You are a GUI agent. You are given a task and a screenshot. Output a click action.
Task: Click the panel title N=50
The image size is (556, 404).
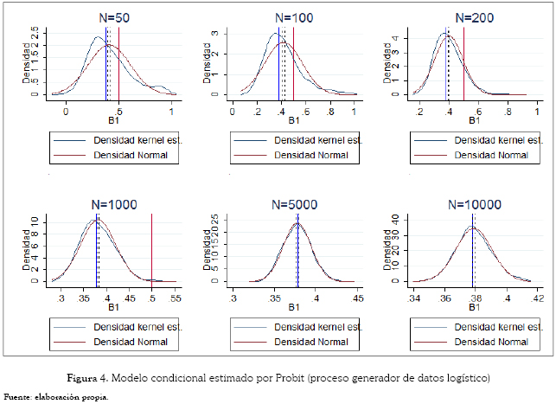click(x=112, y=16)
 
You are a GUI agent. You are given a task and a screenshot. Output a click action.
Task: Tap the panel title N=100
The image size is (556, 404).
click(x=294, y=16)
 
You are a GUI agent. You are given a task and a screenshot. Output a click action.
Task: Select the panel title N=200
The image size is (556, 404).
click(x=474, y=16)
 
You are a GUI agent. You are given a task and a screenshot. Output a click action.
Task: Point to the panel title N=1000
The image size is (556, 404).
click(x=112, y=205)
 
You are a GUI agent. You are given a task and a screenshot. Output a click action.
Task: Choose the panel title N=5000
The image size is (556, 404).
click(x=294, y=205)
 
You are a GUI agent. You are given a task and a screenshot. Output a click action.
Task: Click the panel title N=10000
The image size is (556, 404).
click(x=474, y=205)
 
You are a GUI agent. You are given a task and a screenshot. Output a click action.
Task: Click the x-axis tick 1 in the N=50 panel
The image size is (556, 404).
click(x=171, y=112)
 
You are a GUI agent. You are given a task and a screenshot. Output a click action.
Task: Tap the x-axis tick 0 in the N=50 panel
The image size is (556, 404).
click(x=66, y=112)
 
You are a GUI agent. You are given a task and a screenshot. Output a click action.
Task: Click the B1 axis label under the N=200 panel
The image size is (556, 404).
click(x=474, y=121)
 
